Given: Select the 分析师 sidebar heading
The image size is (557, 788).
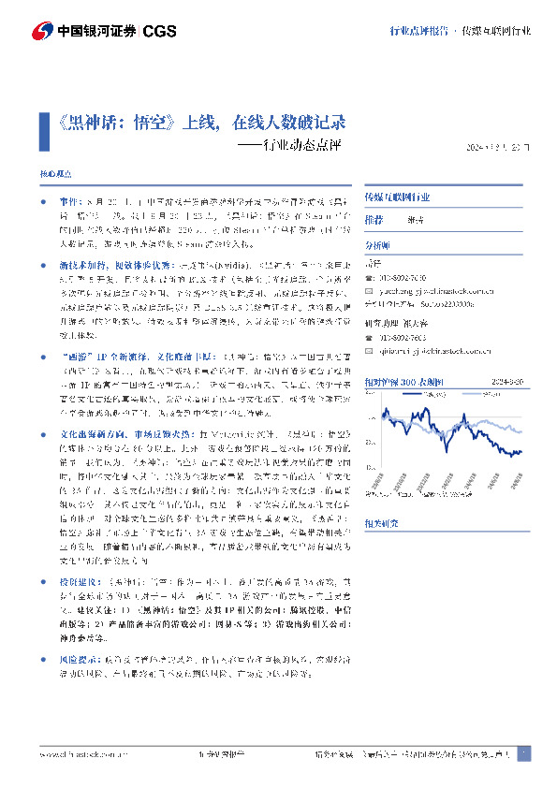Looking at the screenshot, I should (x=374, y=244).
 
